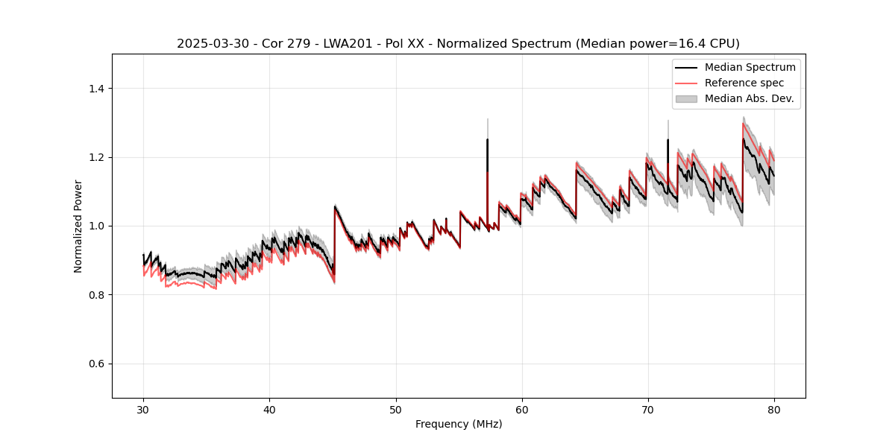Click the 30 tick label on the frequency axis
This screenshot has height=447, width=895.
pyautogui.click(x=143, y=409)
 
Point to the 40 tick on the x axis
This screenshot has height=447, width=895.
pyautogui.click(x=269, y=409)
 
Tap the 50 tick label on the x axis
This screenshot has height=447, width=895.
pyautogui.click(x=396, y=409)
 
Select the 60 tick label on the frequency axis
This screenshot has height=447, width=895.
pyautogui.click(x=522, y=409)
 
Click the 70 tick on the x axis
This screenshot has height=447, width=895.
pyautogui.click(x=648, y=409)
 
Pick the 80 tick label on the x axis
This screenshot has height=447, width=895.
pyautogui.click(x=774, y=409)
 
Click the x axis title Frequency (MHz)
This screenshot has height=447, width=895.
pyautogui.click(x=459, y=424)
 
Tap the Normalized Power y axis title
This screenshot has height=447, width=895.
pyautogui.click(x=78, y=226)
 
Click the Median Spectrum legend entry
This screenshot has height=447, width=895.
pyautogui.click(x=750, y=67)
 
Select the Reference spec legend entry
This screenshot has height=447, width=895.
pyautogui.click(x=744, y=83)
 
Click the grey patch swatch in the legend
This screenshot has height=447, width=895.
pyautogui.click(x=686, y=98)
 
